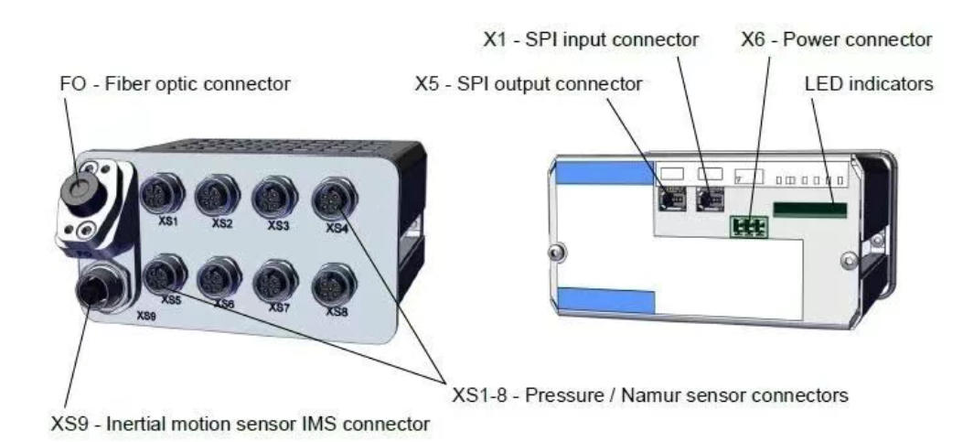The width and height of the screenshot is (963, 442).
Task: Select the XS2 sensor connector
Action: (x=217, y=194)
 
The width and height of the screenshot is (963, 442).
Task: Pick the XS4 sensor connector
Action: (x=330, y=199)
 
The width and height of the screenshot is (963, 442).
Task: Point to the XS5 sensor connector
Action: (x=166, y=273)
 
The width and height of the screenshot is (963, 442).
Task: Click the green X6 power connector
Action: (x=748, y=224)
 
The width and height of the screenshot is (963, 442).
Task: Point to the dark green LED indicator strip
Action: (x=810, y=209)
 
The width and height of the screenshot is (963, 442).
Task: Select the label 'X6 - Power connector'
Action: (x=837, y=40)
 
